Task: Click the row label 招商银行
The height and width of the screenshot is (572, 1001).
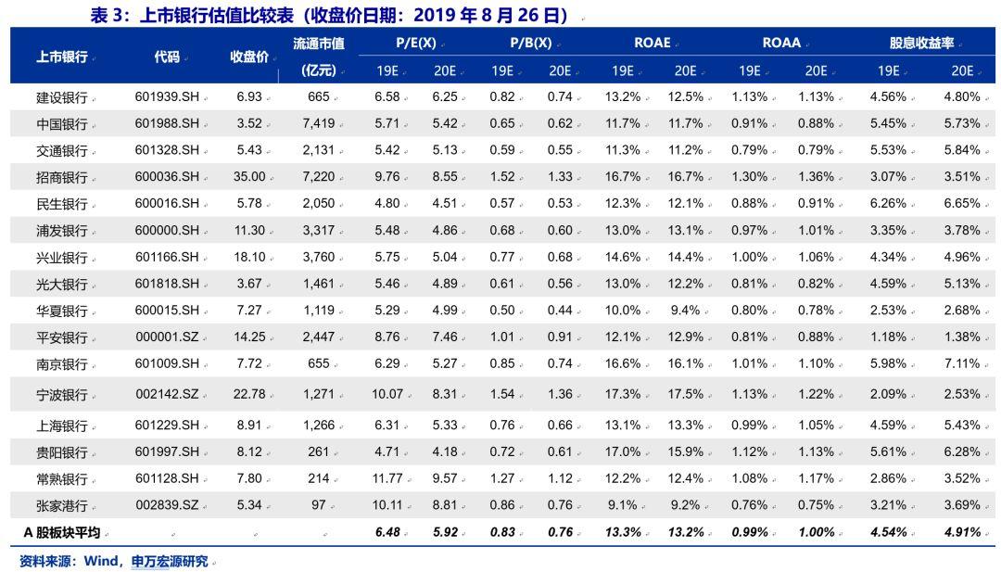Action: pyautogui.click(x=61, y=177)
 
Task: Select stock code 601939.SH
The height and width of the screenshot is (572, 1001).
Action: pyautogui.click(x=167, y=96)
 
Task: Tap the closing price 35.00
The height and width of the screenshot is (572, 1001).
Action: pyautogui.click(x=249, y=176)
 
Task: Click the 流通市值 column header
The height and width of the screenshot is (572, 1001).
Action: pyautogui.click(x=318, y=44)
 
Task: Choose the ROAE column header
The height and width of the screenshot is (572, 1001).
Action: pyautogui.click(x=652, y=44)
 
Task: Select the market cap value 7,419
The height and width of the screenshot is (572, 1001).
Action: pyautogui.click(x=318, y=123)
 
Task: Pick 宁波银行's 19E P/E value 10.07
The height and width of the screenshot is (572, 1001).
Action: pyautogui.click(x=386, y=394)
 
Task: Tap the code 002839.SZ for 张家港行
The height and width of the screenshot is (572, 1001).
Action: pyautogui.click(x=167, y=505)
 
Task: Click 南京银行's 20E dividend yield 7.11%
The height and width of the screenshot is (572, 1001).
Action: pyautogui.click(x=961, y=363)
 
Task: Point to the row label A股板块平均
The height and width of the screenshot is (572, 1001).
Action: pyautogui.click(x=61, y=533)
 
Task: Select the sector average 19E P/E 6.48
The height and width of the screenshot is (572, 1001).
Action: pyautogui.click(x=386, y=533)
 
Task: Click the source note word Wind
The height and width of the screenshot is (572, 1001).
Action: pyautogui.click(x=100, y=562)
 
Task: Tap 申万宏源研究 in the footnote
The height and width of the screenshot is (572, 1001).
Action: pyautogui.click(x=169, y=562)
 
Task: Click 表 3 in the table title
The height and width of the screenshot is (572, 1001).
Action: pyautogui.click(x=107, y=16)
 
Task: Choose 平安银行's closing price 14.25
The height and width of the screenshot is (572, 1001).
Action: pyautogui.click(x=249, y=337)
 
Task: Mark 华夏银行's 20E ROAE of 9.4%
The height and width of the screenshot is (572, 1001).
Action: pyautogui.click(x=685, y=310)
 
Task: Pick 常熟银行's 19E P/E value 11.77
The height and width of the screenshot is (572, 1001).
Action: pyautogui.click(x=386, y=478)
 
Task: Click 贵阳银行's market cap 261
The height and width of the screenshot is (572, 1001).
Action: pyautogui.click(x=318, y=451)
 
